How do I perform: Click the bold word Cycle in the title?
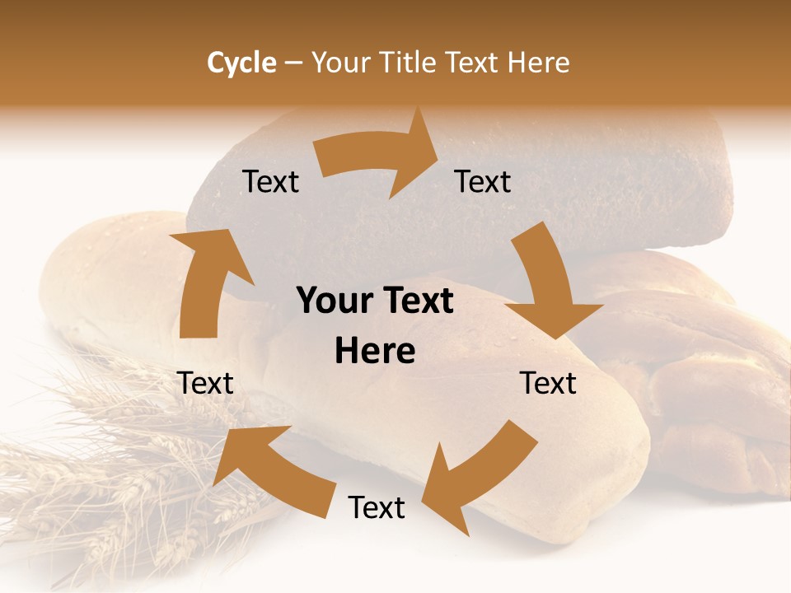(x=241, y=63)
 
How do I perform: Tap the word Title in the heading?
(x=410, y=63)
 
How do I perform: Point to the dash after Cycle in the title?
(x=293, y=63)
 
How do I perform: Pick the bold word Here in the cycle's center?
(x=375, y=352)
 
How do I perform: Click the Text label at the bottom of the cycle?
(x=377, y=507)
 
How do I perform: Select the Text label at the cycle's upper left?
(x=271, y=182)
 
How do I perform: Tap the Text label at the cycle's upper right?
(x=483, y=182)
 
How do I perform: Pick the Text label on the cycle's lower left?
(x=206, y=383)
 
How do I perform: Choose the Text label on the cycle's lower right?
(x=549, y=383)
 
